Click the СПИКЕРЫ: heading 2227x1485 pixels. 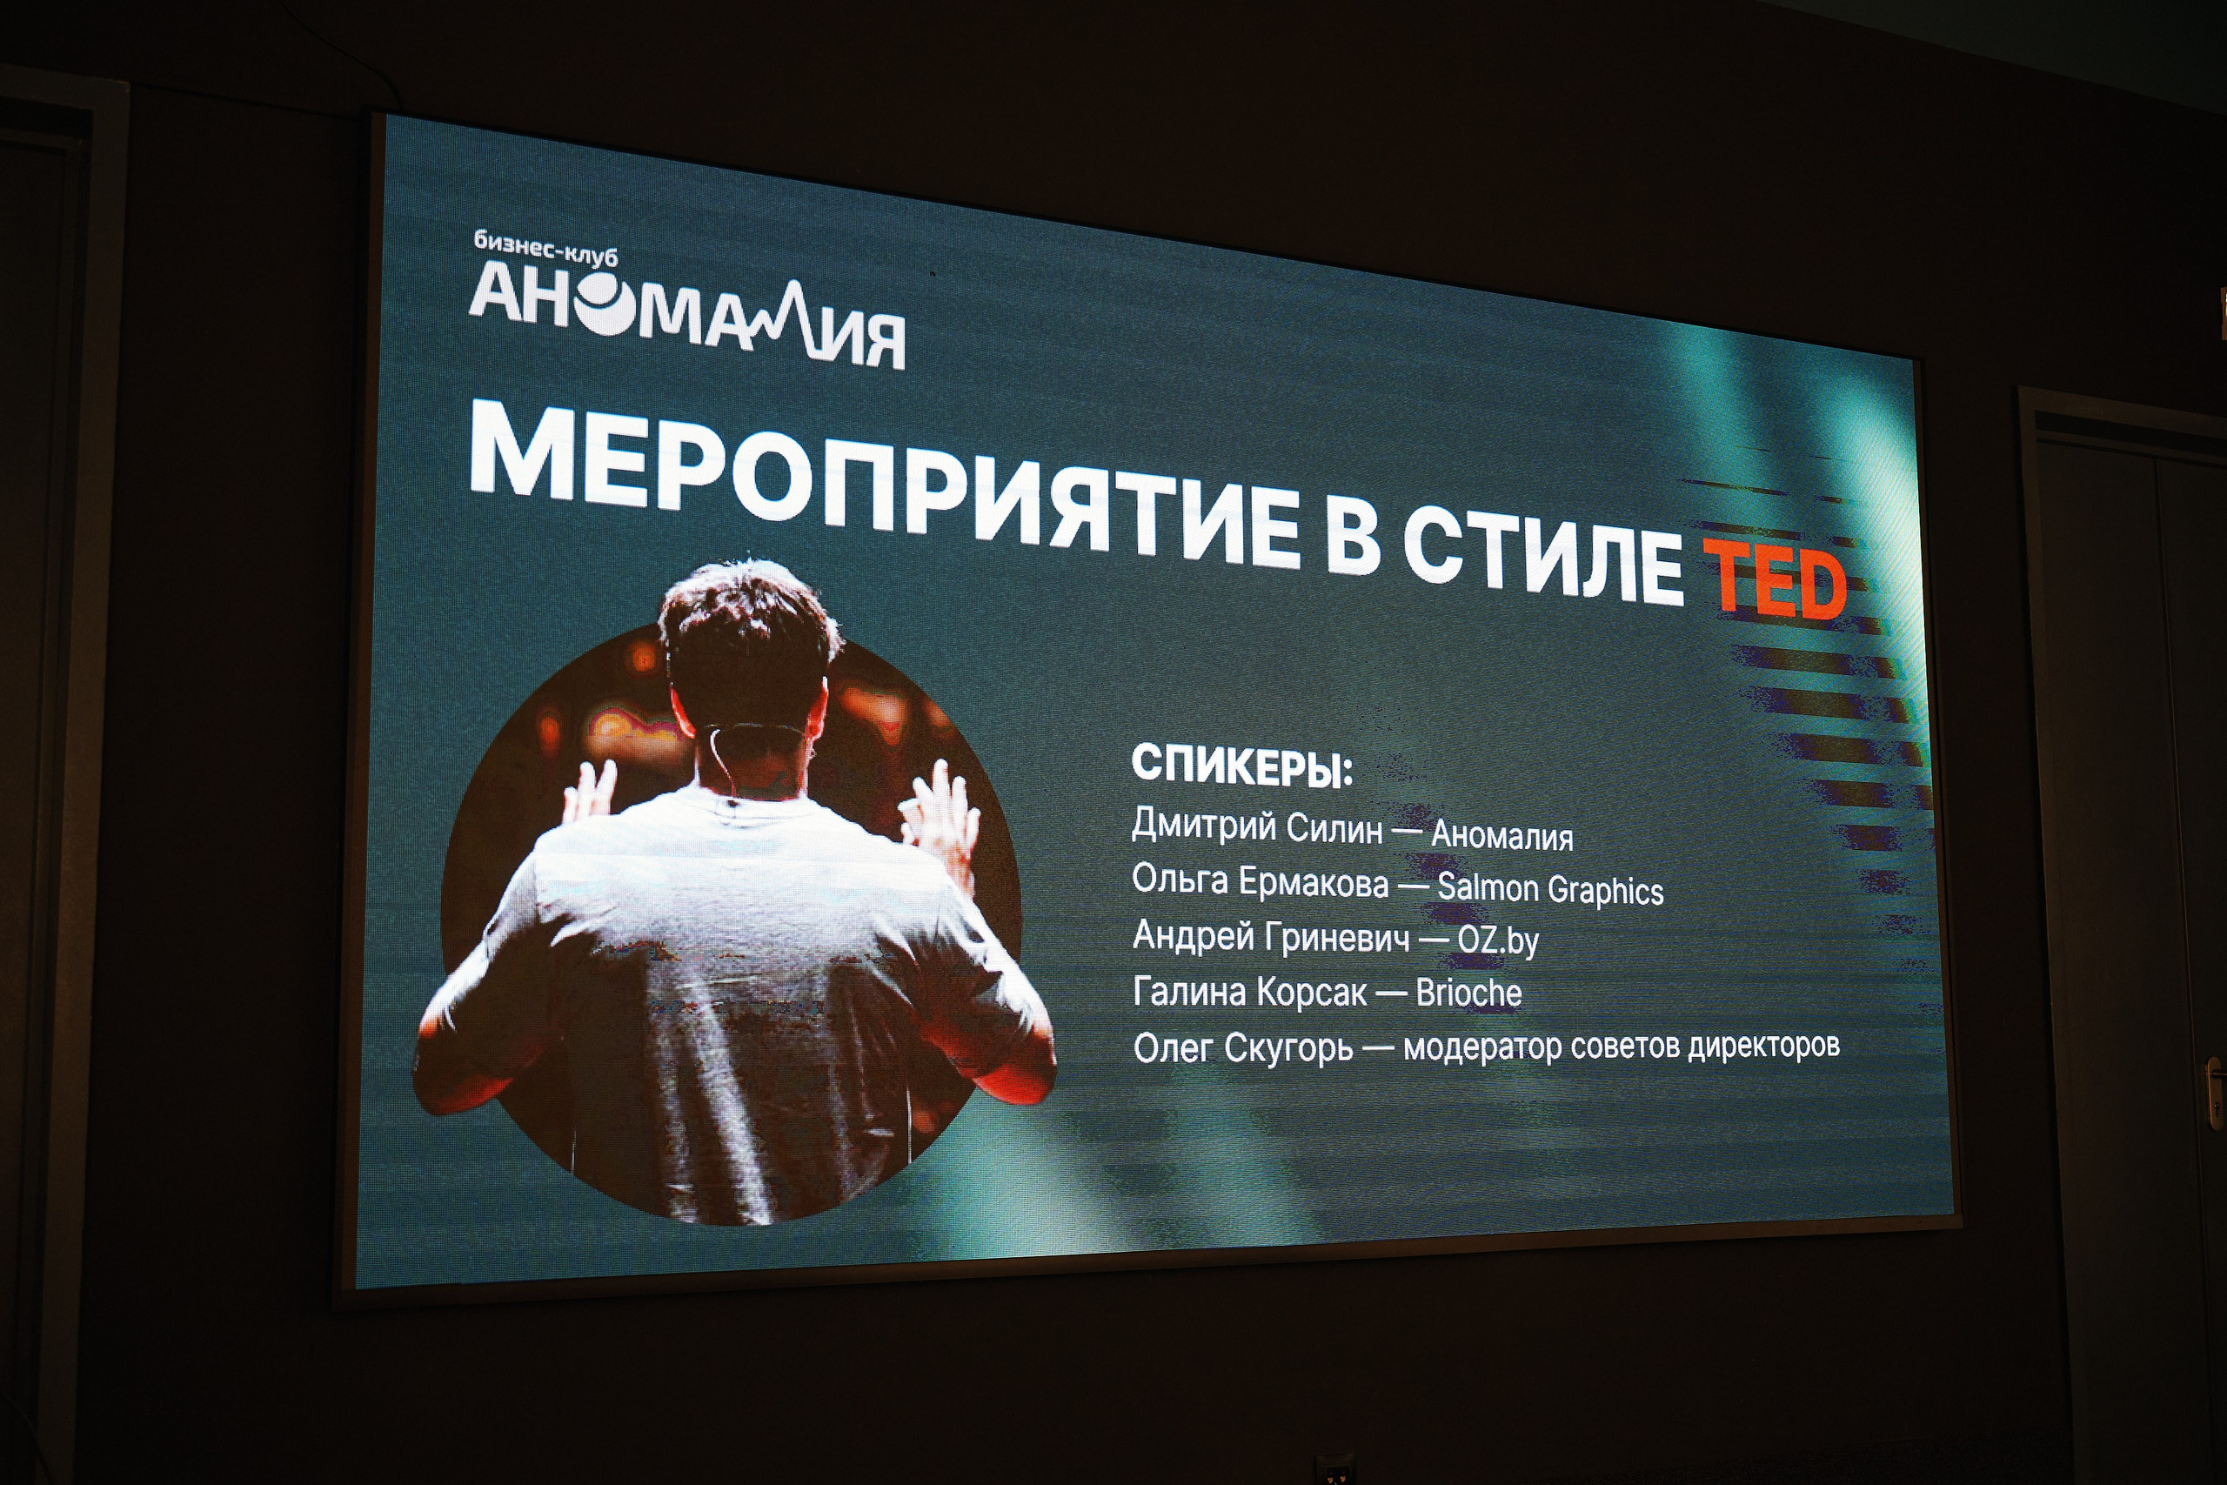1241,766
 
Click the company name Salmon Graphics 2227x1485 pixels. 1549,889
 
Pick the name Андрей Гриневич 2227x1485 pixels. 1270,936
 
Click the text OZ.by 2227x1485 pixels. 1497,940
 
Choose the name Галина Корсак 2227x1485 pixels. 1249,992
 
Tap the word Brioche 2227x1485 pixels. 1468,993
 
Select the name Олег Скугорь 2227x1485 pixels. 1242,1048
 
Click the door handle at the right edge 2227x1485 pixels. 2217,1089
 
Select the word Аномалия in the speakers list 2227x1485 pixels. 1501,834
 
